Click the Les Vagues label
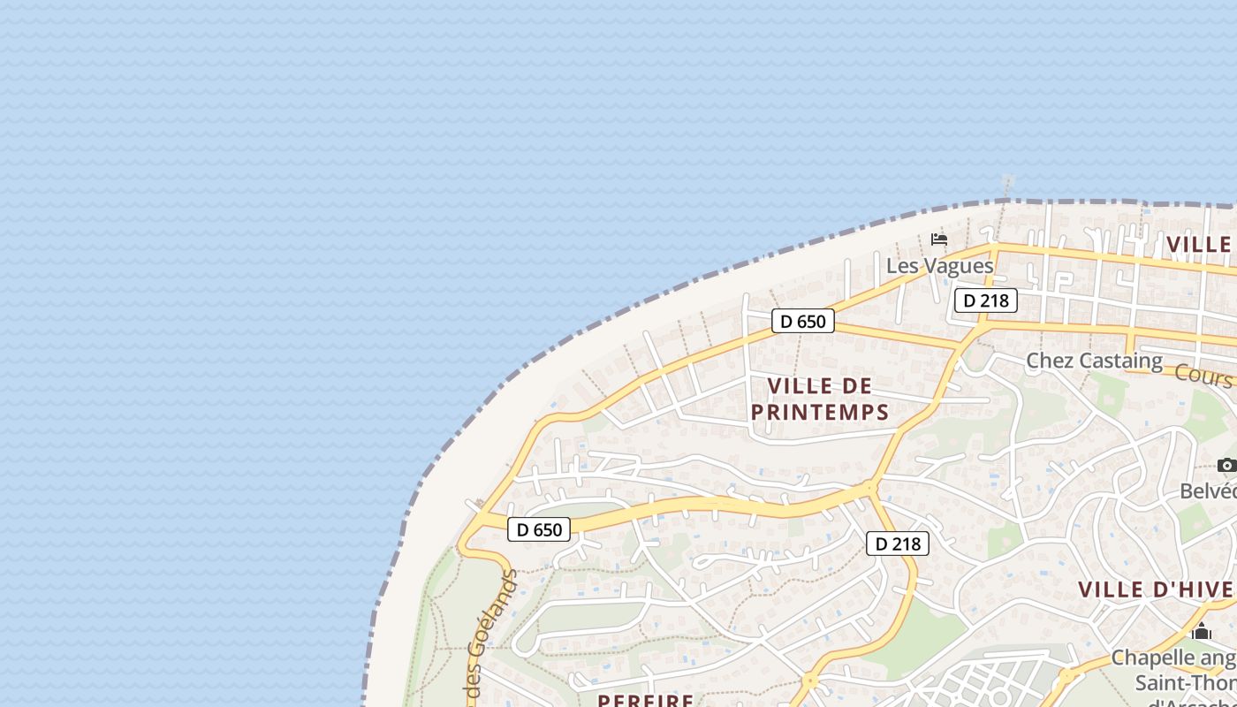point(939,266)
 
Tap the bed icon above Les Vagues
point(939,239)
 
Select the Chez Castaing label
point(1094,361)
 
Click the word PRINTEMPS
point(820,413)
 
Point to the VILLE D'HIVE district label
point(1156,589)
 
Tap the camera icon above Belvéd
point(1226,466)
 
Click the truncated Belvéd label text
point(1209,491)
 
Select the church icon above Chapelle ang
point(1201,632)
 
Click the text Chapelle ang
point(1173,658)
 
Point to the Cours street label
point(1203,376)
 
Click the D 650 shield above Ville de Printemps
point(803,321)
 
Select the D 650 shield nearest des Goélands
point(539,529)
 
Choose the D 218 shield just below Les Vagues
point(986,300)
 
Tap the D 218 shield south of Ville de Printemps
point(898,544)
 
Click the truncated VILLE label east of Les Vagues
point(1200,245)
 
